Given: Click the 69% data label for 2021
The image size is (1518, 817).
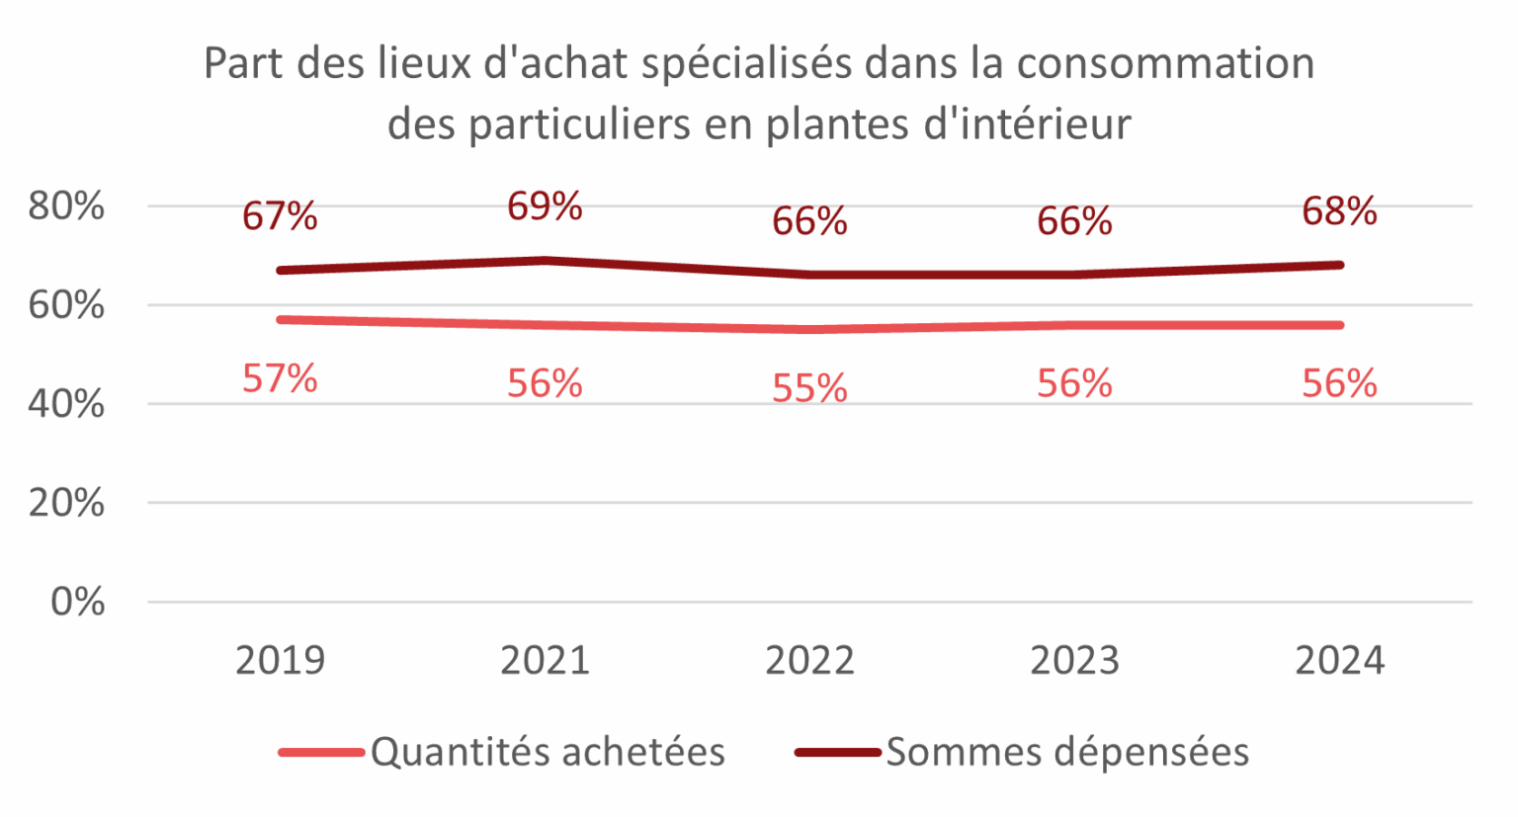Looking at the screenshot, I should pyautogui.click(x=545, y=206).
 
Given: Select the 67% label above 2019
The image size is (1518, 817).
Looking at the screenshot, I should pyautogui.click(x=280, y=216).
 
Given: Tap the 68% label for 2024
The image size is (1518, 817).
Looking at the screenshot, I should pyautogui.click(x=1339, y=211).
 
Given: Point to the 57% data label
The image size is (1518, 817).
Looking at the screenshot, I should pyautogui.click(x=280, y=378).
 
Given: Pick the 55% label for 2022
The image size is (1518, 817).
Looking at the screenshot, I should pyautogui.click(x=809, y=389).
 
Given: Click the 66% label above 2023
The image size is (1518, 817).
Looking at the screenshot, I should pyautogui.click(x=1074, y=221).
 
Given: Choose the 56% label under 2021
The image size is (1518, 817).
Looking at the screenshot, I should pyautogui.click(x=545, y=383).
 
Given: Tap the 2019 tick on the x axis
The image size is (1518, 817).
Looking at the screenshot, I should pyautogui.click(x=280, y=660).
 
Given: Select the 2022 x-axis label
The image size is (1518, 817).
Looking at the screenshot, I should pyautogui.click(x=809, y=660).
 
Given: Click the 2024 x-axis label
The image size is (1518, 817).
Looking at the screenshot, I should pyautogui.click(x=1339, y=660).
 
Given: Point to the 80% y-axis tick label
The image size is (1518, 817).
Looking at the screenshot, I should pyautogui.click(x=66, y=206).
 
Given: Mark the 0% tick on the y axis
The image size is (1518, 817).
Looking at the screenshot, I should pyautogui.click(x=78, y=602).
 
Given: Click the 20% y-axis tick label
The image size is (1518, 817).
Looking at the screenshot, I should pyautogui.click(x=66, y=503).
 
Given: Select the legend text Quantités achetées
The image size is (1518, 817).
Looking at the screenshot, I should pyautogui.click(x=548, y=753).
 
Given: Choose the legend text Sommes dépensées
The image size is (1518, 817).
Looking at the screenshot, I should pyautogui.click(x=1067, y=753).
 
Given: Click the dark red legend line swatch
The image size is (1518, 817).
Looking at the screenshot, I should pyautogui.click(x=837, y=753).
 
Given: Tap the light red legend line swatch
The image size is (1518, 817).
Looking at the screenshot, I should pyautogui.click(x=321, y=753).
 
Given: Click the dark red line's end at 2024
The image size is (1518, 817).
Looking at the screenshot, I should pyautogui.click(x=1339, y=265).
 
